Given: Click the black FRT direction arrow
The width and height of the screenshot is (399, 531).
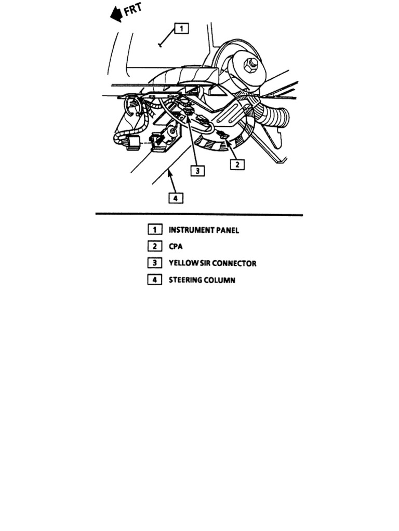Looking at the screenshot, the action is click(116, 15).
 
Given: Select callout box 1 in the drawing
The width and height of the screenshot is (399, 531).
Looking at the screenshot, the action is click(181, 29).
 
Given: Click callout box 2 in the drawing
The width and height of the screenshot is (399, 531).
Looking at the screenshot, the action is click(237, 164).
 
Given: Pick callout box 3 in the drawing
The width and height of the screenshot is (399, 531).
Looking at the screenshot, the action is click(197, 170).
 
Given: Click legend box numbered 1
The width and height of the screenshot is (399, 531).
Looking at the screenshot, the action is click(154, 230).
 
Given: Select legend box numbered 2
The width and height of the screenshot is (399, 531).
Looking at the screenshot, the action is click(154, 246).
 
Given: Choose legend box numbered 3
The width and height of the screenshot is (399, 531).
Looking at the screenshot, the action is click(154, 263).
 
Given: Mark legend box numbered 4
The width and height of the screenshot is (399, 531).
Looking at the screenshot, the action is click(154, 280).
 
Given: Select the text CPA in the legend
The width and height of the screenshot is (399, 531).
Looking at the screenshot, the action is click(176, 247).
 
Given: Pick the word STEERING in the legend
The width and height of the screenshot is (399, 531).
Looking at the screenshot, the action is click(185, 280).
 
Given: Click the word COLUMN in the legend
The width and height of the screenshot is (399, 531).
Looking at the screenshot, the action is click(220, 280).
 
